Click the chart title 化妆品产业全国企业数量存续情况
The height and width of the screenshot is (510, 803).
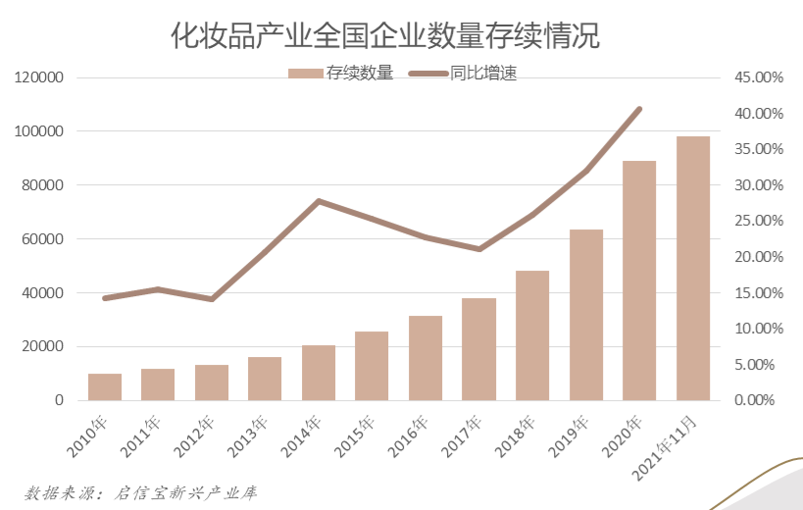pos(385,36)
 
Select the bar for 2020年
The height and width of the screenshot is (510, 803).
pos(639,280)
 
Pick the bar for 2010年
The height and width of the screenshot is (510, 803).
pos(105,386)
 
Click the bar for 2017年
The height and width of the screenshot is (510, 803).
pos(478,349)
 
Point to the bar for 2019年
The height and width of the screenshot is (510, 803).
pos(586,314)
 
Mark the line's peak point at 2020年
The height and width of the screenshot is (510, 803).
pos(639,109)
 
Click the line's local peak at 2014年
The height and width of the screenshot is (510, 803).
pos(319,201)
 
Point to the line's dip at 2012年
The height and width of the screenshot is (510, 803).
pos(212,299)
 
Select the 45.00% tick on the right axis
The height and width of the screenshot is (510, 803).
pos(759,77)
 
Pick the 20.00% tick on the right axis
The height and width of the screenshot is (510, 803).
pos(759,257)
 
